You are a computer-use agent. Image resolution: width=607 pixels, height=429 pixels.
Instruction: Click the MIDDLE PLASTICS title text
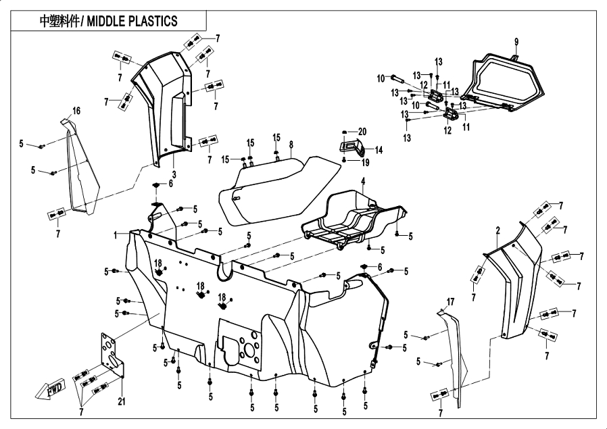108,20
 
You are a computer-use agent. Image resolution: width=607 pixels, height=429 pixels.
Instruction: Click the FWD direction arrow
48,390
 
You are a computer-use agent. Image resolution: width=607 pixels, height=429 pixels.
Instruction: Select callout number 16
76,111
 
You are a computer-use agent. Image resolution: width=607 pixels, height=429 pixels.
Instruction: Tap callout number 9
516,42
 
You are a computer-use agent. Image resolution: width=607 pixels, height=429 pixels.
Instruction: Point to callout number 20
362,131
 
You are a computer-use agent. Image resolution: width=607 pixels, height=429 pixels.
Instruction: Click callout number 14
379,150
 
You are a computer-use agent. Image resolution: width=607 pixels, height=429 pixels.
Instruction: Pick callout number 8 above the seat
291,145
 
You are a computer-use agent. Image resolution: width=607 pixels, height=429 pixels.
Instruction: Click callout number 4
362,181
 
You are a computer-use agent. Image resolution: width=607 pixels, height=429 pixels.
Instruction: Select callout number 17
450,300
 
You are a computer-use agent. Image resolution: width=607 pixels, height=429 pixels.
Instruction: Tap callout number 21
122,403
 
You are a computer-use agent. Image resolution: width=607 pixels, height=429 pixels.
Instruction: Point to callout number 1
116,234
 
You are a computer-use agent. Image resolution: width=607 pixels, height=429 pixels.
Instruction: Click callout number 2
497,231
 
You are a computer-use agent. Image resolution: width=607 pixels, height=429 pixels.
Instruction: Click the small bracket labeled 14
351,147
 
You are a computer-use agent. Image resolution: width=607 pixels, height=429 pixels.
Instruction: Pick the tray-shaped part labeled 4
351,216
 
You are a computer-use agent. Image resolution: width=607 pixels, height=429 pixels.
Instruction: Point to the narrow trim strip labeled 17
454,358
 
